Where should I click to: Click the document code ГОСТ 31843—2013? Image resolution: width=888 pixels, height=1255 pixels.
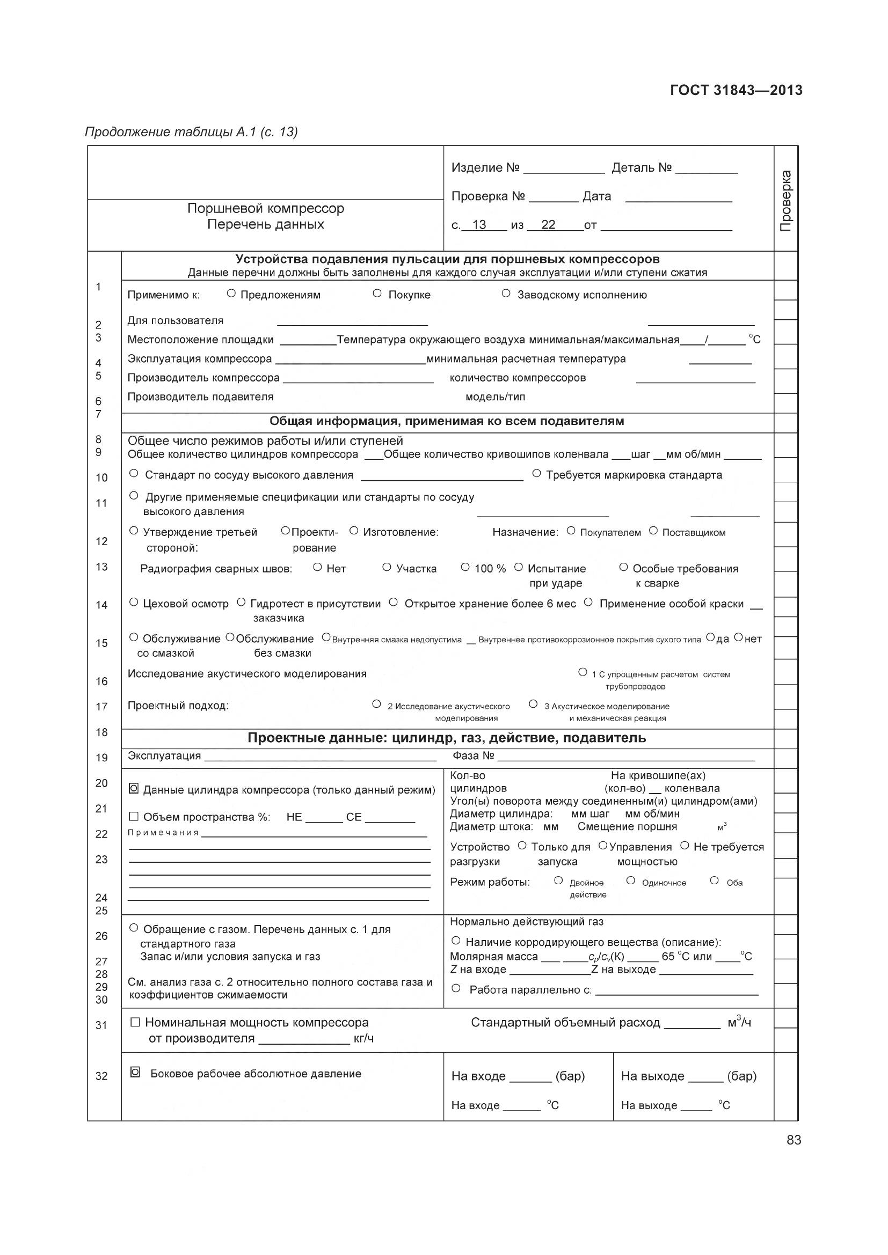736,90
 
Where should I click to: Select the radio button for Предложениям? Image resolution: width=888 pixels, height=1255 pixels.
231,293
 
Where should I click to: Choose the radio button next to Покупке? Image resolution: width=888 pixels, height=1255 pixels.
377,293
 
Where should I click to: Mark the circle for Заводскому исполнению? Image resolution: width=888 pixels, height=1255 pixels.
506,293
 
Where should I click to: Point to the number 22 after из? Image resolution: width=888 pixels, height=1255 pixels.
548,225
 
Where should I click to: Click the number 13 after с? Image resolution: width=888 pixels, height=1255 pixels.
479,225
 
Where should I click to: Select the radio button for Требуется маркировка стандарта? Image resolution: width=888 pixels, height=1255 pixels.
536,473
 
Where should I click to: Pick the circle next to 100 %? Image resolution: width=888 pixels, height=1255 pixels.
465,567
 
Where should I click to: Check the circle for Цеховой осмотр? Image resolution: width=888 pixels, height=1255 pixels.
134,603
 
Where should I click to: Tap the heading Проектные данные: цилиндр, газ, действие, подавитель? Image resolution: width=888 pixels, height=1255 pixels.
447,738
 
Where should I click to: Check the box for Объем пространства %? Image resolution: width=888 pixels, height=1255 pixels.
134,816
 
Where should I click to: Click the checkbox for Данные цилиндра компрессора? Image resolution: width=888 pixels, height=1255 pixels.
134,789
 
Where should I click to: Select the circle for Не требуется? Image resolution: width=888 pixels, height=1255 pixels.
685,846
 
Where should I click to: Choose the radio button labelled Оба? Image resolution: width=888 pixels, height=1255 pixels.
714,880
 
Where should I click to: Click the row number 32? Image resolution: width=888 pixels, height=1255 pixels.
101,1076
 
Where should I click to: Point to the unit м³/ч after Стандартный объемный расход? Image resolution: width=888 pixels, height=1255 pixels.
739,1022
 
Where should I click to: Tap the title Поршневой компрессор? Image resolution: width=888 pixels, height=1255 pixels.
266,208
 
